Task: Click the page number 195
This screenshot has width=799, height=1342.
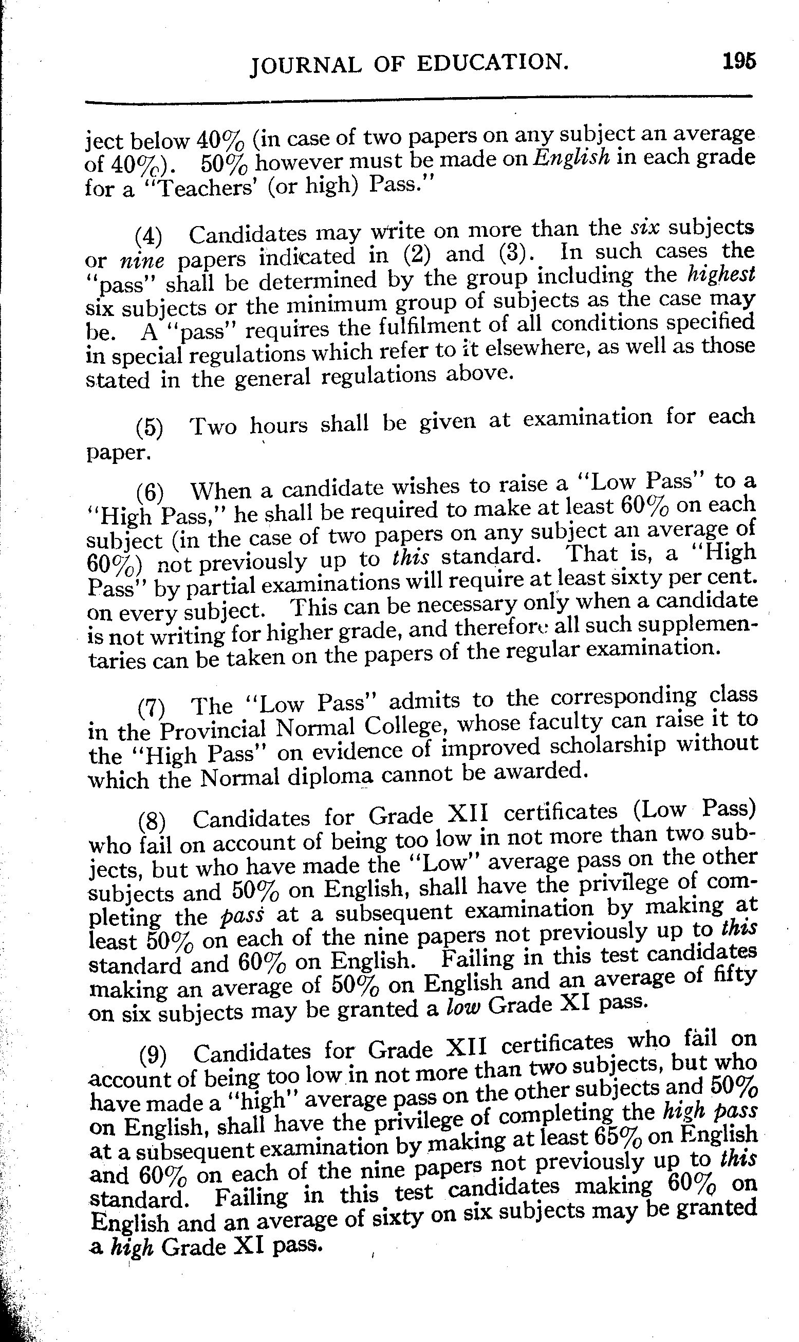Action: click(x=739, y=61)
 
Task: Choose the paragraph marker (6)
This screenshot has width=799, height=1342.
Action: click(x=150, y=492)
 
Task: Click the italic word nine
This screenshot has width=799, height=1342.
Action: click(x=142, y=260)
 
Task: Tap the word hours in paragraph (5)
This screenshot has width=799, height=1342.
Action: click(x=279, y=425)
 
